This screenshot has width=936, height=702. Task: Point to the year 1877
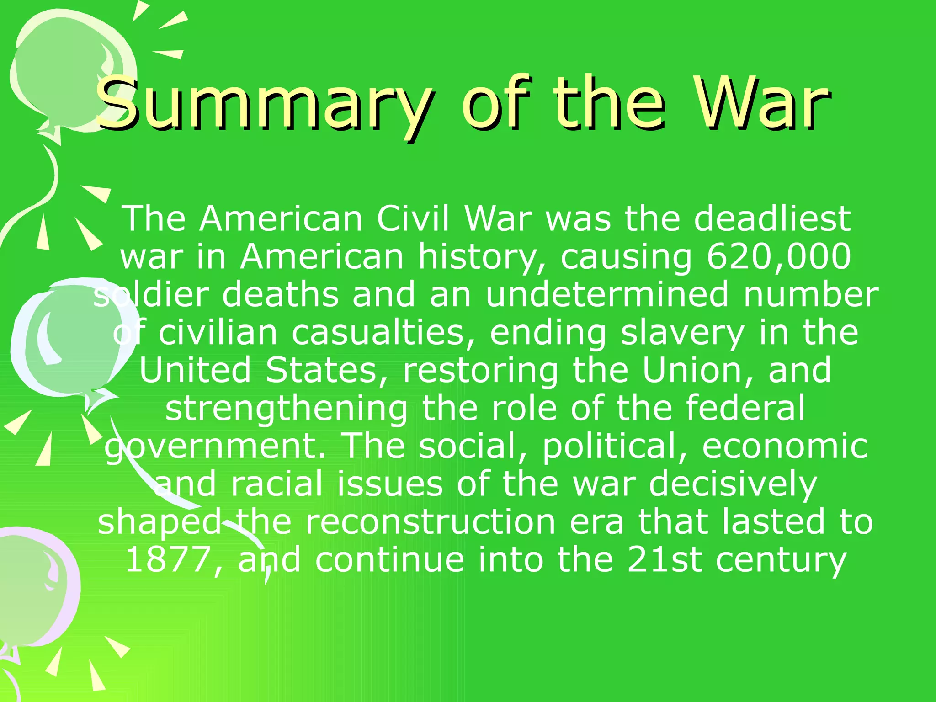168,560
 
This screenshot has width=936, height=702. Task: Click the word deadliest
772,218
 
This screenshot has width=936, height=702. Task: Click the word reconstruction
430,522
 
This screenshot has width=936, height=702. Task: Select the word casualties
384,333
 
